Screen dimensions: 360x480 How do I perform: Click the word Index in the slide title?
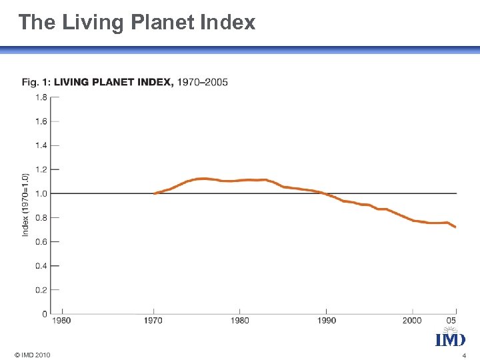tap(227, 23)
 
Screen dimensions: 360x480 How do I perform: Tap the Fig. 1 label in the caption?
tap(36, 83)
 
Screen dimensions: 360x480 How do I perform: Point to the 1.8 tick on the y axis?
tap(41, 97)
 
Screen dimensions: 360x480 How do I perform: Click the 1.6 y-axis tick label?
tap(41, 121)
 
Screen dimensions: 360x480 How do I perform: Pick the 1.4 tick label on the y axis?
tap(41, 145)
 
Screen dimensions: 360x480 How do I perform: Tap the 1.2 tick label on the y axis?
tap(41, 169)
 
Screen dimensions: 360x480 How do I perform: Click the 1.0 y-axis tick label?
tap(41, 193)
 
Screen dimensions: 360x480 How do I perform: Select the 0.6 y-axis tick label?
tap(41, 241)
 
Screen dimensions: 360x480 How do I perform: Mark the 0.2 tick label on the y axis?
tap(41, 290)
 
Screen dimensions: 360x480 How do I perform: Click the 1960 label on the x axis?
tap(62, 321)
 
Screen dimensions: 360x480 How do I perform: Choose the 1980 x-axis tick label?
tap(240, 321)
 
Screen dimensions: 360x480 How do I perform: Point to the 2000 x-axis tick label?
tap(412, 321)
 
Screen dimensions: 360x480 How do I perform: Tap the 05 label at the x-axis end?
tap(452, 321)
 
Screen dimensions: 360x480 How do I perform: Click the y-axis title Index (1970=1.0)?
tap(25, 204)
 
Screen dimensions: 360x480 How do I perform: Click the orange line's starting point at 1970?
tap(155, 193)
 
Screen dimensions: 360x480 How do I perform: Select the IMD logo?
tap(451, 339)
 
